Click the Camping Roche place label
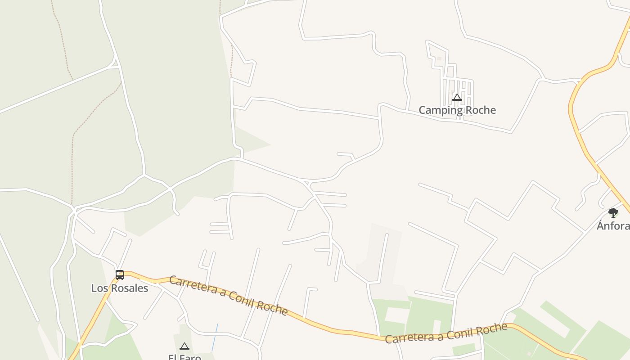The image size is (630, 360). point(457,110)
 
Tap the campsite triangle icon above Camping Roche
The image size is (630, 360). point(457,97)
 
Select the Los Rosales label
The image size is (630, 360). point(120,288)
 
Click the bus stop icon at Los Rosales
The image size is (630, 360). point(120,274)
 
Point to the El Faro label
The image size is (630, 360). point(184,357)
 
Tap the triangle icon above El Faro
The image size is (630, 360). point(184,346)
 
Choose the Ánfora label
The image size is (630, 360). point(613,226)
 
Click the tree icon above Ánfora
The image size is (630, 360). point(613,213)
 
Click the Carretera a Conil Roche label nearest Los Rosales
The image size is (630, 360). point(229,295)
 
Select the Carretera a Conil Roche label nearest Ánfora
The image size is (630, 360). point(446,333)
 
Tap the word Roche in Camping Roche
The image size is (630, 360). point(480,110)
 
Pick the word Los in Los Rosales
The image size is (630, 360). point(99,288)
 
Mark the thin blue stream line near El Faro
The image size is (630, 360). point(215,337)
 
